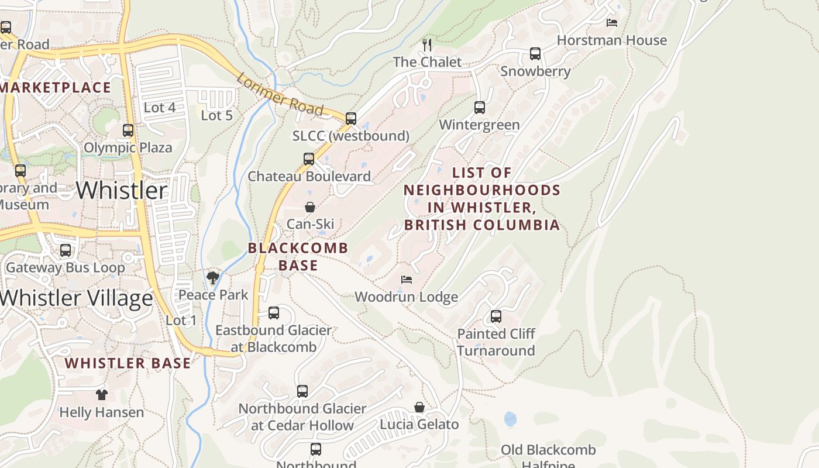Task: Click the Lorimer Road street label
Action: pyautogui.click(x=280, y=94)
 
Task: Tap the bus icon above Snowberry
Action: pyautogui.click(x=535, y=54)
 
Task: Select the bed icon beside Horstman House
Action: pyautogui.click(x=612, y=23)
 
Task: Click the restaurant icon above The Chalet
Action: pyautogui.click(x=428, y=44)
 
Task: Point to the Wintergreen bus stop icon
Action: pyautogui.click(x=480, y=108)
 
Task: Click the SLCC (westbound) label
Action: pyautogui.click(x=350, y=136)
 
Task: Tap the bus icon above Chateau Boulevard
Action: pyautogui.click(x=309, y=159)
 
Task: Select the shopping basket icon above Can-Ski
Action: pyautogui.click(x=310, y=207)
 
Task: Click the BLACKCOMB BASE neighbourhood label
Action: pyautogui.click(x=298, y=256)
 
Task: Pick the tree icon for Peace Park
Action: pyautogui.click(x=213, y=278)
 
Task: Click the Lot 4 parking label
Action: pyautogui.click(x=159, y=108)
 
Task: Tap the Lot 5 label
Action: pyautogui.click(x=216, y=115)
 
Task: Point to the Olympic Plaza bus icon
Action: pyautogui.click(x=128, y=130)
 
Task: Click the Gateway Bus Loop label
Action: pyautogui.click(x=65, y=268)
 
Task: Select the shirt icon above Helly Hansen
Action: pyautogui.click(x=102, y=395)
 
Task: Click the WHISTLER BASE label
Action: pyautogui.click(x=128, y=363)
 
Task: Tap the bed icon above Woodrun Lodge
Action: pyautogui.click(x=407, y=280)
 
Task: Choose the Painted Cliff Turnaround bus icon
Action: pyautogui.click(x=496, y=317)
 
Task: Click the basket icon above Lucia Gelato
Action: pyautogui.click(x=419, y=407)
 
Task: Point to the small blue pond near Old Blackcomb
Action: pyautogui.click(x=510, y=419)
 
